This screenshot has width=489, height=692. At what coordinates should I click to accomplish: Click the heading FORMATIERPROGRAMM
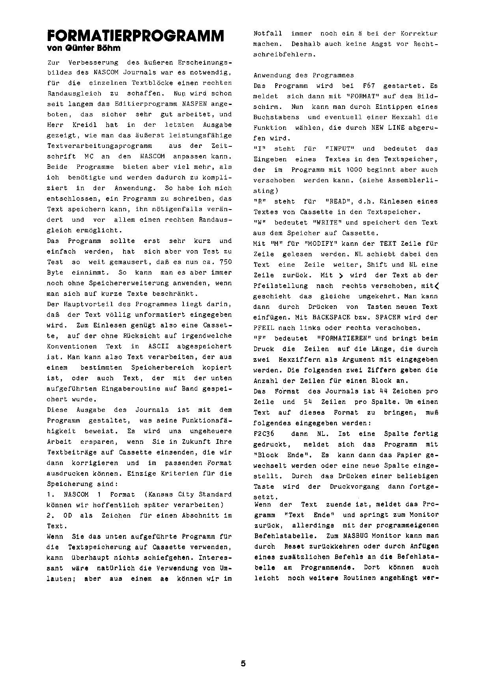point(135,36)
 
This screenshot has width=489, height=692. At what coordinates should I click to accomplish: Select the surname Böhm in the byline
point(108,49)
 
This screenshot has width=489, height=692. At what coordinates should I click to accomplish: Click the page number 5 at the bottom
point(243,663)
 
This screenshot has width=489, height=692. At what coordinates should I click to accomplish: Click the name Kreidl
point(81,125)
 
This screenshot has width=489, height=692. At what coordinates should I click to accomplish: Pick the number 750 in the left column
point(225,262)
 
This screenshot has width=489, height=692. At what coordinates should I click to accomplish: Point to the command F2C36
point(264,434)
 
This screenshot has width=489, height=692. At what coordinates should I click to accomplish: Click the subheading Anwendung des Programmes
point(304,75)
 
